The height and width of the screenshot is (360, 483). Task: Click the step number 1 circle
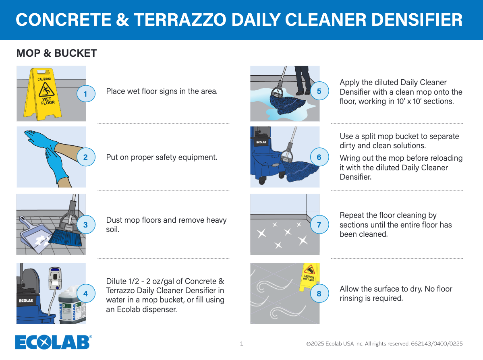pyautogui.click(x=86, y=93)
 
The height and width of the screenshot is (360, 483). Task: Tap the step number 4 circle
pyautogui.click(x=86, y=294)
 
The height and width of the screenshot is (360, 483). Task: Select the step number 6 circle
pyautogui.click(x=319, y=157)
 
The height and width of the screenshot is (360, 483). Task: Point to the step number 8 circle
pyautogui.click(x=319, y=294)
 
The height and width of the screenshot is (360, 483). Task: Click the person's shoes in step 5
pyautogui.click(x=303, y=92)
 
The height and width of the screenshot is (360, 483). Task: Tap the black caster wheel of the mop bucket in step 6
pyautogui.click(x=262, y=180)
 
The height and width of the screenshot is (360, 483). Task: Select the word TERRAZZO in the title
pyautogui.click(x=180, y=20)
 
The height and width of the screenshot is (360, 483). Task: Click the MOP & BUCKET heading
pyautogui.click(x=57, y=53)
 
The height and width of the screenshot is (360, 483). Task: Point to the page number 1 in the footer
pyautogui.click(x=242, y=343)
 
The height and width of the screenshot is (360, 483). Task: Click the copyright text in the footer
pyautogui.click(x=384, y=343)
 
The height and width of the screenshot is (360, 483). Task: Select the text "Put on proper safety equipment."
pyautogui.click(x=162, y=157)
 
